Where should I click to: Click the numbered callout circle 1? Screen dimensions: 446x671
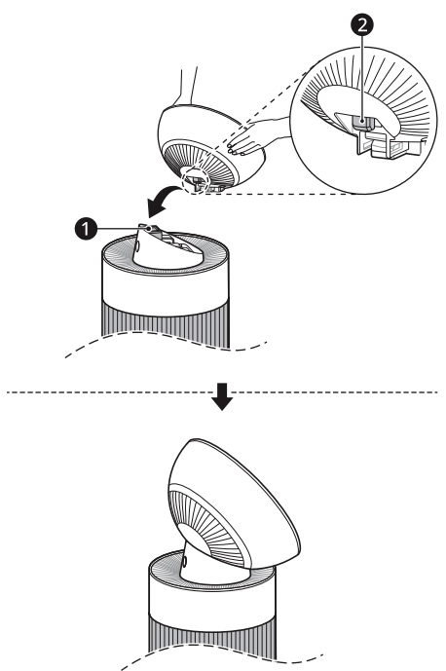coord(86,229)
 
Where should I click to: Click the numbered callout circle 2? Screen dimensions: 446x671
coord(362,24)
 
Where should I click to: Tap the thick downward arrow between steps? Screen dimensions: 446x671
coord(222,396)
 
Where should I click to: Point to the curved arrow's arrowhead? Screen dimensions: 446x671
coord(155,208)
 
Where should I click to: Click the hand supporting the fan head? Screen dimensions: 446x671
coord(252,137)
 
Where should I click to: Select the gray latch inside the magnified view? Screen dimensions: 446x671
coord(362,124)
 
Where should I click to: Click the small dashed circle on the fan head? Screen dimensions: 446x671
coord(195,179)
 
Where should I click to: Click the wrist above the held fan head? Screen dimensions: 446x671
coord(188,86)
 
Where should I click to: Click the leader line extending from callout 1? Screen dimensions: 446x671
coord(123,229)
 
